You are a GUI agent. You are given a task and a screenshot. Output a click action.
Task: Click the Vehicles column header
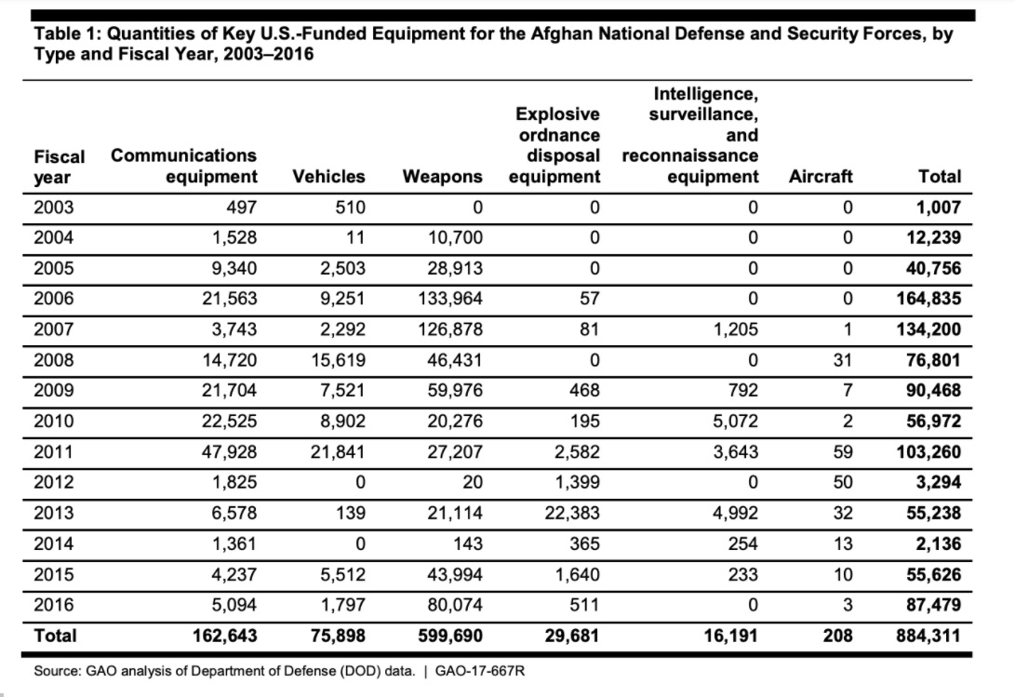[x=328, y=176]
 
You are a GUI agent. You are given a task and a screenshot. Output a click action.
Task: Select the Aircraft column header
[x=820, y=176]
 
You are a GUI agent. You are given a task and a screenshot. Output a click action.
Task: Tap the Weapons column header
[x=442, y=176]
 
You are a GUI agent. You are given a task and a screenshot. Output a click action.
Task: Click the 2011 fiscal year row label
[x=54, y=452]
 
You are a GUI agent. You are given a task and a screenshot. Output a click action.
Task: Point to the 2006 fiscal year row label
[x=54, y=299]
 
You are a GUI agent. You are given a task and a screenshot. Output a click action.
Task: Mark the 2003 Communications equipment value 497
[x=240, y=207]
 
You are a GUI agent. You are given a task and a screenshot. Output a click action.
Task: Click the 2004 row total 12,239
[x=933, y=237]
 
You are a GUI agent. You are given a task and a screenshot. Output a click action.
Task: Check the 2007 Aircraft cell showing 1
[x=848, y=329]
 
